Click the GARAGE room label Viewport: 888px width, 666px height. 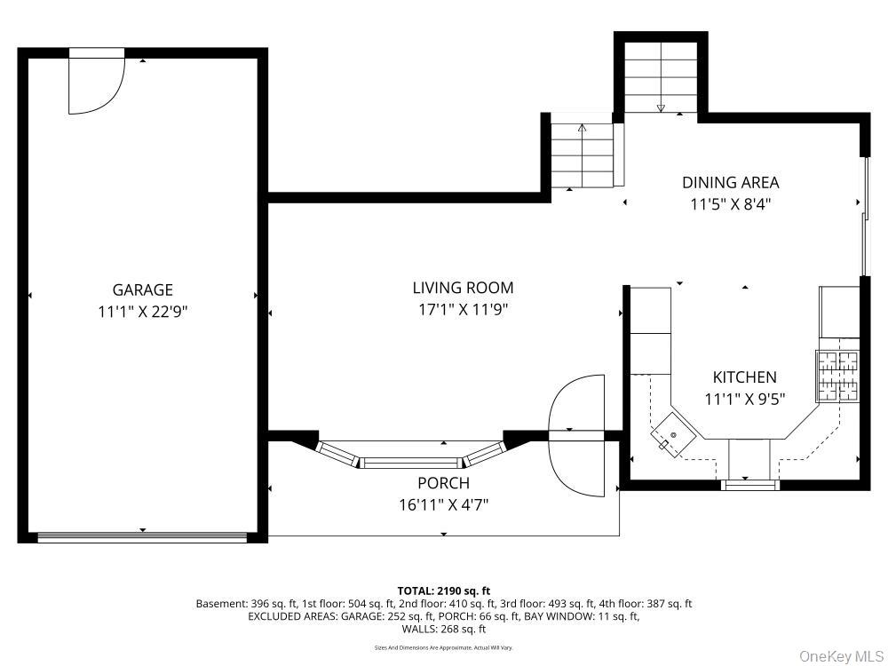tap(142, 289)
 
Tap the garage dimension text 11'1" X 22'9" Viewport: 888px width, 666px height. tap(142, 312)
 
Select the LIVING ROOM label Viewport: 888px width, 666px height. tap(463, 288)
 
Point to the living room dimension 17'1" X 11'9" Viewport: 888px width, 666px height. tap(463, 310)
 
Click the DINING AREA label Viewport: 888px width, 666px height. tap(730, 183)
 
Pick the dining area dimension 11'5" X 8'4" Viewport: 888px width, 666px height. tap(730, 204)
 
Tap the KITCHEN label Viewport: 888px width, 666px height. tap(744, 377)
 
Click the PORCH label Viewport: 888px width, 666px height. tap(443, 483)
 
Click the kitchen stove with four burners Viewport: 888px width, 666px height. tap(838, 376)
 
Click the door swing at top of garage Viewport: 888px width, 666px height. tap(96, 84)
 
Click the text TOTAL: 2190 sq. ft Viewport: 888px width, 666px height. tap(443, 591)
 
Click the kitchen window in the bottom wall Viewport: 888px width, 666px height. tap(749, 485)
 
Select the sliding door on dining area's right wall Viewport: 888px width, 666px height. tap(863, 216)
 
